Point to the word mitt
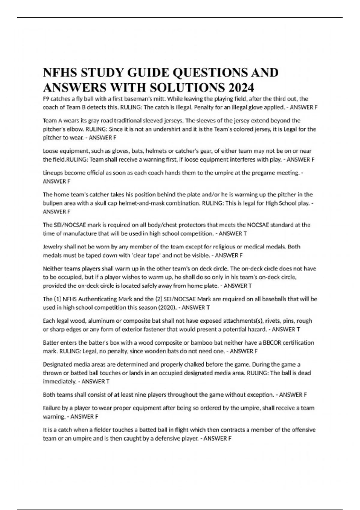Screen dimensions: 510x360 click(x=158, y=99)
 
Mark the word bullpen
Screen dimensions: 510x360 click(x=52, y=203)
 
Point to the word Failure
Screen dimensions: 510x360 click(x=52, y=408)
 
